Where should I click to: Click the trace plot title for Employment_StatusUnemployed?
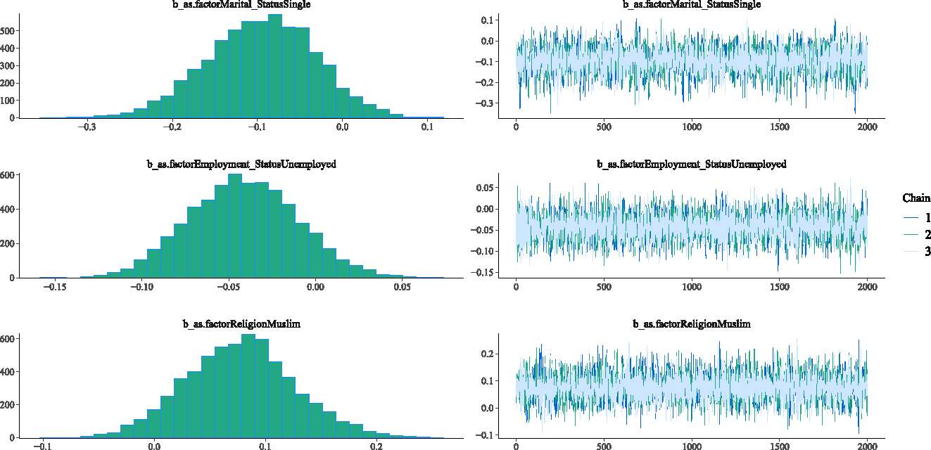pyautogui.click(x=691, y=165)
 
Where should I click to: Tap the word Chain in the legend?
pyautogui.click(x=916, y=199)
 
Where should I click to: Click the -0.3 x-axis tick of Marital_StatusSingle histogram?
pyautogui.click(x=87, y=127)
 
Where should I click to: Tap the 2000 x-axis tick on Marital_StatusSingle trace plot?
pyautogui.click(x=867, y=127)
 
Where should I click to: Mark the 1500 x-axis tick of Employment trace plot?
pyautogui.click(x=780, y=287)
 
